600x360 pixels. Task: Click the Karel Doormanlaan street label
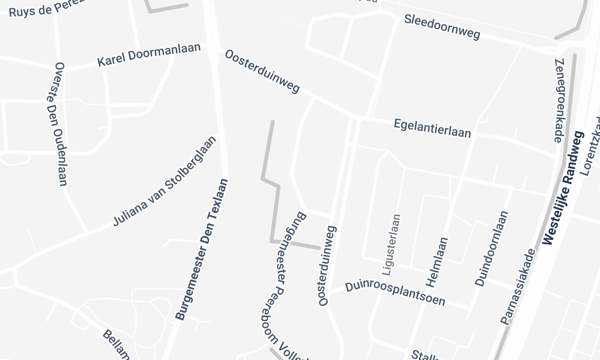tap(149, 54)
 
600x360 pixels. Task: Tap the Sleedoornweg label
tap(442, 27)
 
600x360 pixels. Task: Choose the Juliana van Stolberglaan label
tap(163, 184)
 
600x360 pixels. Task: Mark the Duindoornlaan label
tap(492, 249)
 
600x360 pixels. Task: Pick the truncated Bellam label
tap(117, 343)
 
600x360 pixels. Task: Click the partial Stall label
tap(425, 353)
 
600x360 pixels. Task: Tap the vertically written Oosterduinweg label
tap(328, 266)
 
